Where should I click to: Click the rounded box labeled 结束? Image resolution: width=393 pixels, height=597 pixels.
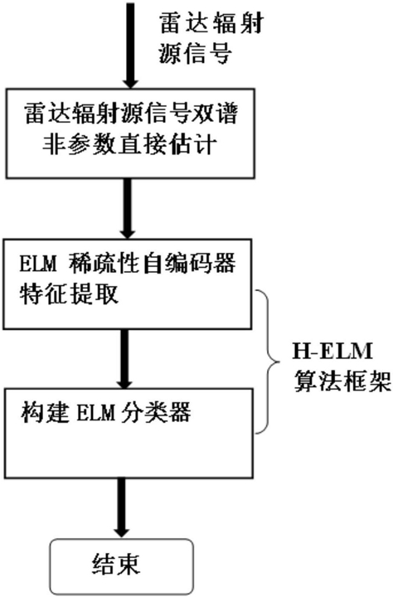click(122, 566)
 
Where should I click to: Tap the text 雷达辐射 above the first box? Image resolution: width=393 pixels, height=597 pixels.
click(211, 24)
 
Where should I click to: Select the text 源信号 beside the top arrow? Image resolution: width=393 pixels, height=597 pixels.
click(195, 53)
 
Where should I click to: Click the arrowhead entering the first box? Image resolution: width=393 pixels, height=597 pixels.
click(130, 81)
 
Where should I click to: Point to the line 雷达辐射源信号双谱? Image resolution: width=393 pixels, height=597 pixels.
click(130, 114)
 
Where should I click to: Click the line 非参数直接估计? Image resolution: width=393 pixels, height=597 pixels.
click(129, 144)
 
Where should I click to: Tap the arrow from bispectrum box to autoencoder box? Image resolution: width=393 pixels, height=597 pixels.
click(127, 209)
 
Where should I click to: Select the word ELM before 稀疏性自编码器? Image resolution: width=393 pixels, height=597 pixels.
click(37, 264)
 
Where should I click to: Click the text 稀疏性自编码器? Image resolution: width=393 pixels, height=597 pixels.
click(153, 263)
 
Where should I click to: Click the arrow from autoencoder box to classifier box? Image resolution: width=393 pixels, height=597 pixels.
click(125, 359)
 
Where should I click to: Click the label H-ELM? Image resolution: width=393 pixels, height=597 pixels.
click(332, 352)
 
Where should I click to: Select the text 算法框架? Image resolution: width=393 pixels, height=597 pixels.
click(342, 381)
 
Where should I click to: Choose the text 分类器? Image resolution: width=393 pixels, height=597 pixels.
click(155, 411)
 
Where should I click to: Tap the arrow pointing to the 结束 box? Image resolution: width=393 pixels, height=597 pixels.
click(122, 508)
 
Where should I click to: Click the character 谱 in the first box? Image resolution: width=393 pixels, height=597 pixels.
click(226, 114)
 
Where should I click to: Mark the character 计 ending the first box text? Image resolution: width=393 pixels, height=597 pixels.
click(206, 144)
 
